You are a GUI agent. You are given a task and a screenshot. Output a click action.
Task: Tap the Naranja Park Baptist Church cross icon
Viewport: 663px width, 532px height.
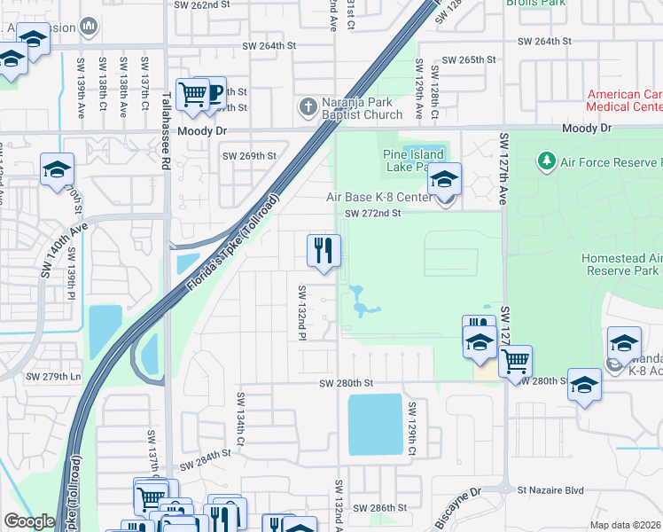[x=308, y=106]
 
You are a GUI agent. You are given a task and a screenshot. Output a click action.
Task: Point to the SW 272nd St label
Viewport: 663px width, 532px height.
[x=373, y=214]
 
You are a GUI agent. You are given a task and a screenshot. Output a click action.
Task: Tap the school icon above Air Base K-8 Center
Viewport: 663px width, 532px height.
[x=444, y=179]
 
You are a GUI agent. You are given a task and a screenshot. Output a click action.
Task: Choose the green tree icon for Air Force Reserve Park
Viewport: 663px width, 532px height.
[x=546, y=161]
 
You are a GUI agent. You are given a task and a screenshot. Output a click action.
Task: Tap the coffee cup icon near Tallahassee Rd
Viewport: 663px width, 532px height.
[x=210, y=93]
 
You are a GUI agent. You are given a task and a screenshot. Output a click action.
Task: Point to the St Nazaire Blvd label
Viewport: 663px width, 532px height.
[x=551, y=489]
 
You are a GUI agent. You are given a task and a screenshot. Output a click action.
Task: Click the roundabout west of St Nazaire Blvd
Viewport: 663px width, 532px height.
[x=504, y=489]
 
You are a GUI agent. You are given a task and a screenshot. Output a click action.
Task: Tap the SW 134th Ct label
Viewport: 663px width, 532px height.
[x=239, y=416]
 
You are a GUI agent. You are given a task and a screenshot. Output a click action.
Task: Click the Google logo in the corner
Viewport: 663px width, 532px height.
[x=29, y=521]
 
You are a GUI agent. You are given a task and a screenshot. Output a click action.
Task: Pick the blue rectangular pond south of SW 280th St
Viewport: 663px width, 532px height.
[x=375, y=424]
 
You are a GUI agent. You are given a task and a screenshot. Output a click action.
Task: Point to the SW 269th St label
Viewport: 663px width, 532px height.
[x=249, y=155]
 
